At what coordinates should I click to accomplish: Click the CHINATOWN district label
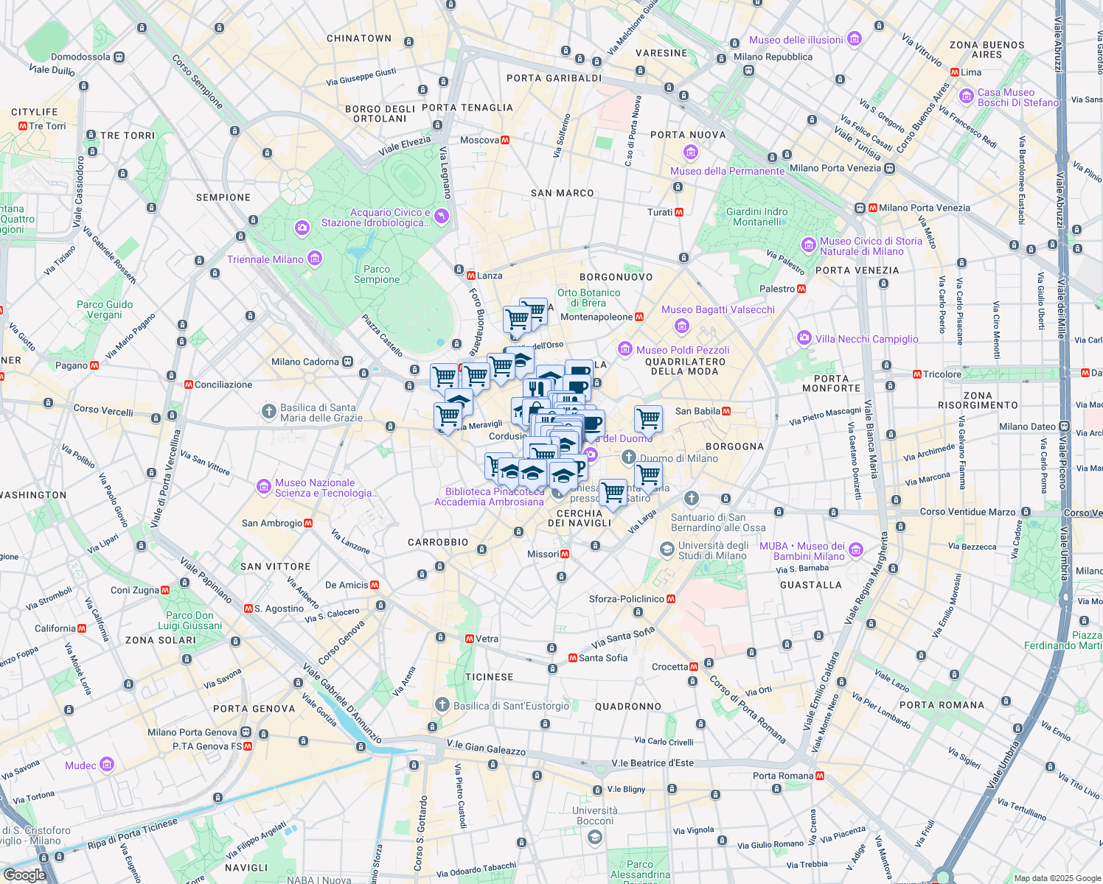[359, 38]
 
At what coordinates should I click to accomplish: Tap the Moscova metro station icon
[505, 140]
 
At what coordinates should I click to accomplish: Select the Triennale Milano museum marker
[316, 259]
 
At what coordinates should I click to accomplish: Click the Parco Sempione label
[377, 274]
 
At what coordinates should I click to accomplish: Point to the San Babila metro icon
[726, 411]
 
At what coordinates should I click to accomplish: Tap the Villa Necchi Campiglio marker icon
[804, 338]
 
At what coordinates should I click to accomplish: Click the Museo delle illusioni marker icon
[855, 39]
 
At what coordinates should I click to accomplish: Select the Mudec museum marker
[107, 765]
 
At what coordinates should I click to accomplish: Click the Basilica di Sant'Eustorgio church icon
[442, 705]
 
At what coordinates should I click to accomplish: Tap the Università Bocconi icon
[595, 838]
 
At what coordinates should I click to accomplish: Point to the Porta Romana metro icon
[820, 776]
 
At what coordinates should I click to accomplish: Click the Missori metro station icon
[565, 554]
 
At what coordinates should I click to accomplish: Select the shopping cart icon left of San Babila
[648, 418]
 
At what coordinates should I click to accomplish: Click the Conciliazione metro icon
[189, 385]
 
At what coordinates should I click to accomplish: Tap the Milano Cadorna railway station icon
[347, 362]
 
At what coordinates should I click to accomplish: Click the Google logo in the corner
[24, 874]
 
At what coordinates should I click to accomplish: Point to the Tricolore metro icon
[917, 374]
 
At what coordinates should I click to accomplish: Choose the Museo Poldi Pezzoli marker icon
[625, 349]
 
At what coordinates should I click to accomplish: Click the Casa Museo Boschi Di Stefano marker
[967, 97]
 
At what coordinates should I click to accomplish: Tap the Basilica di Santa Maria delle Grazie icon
[269, 411]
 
